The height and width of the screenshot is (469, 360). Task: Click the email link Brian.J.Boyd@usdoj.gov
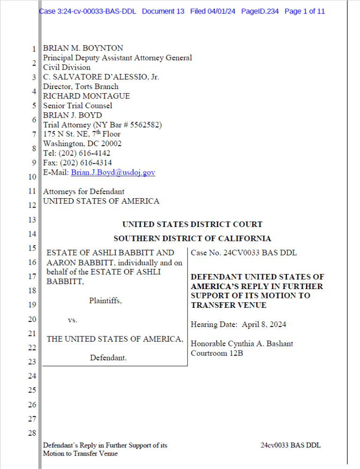coord(113,172)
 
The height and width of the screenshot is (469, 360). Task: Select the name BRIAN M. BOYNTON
coord(83,48)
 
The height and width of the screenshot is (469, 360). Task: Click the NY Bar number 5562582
coord(145,125)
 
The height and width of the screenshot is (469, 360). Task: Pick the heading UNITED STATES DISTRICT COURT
coord(192,224)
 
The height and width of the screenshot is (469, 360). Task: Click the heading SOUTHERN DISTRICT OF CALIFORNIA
coord(192,238)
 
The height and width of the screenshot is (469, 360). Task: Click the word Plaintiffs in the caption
coord(105,301)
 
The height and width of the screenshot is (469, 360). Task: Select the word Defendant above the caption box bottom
coord(108,357)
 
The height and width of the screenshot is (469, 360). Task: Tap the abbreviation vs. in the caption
coord(73,320)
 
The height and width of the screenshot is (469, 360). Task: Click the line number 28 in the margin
coord(32,433)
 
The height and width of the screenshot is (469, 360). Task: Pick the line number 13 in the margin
coord(32,219)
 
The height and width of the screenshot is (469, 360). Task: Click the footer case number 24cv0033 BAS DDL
coord(291,445)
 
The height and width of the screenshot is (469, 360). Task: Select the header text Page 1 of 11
coord(305,11)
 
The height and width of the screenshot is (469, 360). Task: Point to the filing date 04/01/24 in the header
coord(220,11)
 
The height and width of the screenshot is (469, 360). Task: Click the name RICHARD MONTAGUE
coord(86,96)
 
